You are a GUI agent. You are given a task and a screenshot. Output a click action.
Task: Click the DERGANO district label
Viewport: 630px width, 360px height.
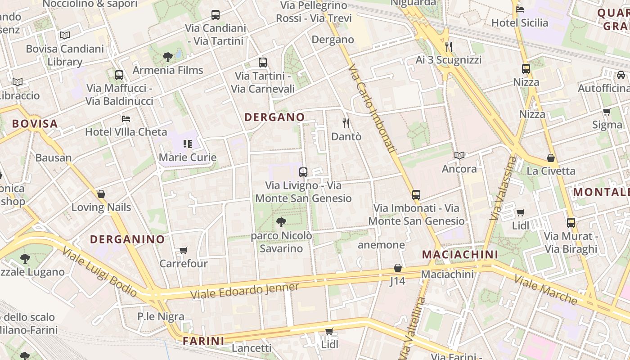274,117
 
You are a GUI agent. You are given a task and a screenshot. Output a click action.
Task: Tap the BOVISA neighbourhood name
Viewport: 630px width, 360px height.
35,124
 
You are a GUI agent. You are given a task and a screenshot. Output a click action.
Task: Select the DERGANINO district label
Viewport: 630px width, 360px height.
127,239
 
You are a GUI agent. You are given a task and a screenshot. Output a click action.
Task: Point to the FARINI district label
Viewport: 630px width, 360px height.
203,341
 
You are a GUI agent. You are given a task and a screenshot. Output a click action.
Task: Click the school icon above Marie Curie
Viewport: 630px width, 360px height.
188,144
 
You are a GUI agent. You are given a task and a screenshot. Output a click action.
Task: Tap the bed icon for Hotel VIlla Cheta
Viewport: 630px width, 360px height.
126,119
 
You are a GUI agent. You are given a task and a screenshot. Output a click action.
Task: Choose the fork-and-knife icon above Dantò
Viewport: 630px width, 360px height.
346,123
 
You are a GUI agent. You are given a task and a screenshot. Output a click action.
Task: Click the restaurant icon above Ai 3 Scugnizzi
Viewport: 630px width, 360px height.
448,46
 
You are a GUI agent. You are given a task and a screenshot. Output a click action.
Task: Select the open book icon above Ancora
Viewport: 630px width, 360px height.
459,155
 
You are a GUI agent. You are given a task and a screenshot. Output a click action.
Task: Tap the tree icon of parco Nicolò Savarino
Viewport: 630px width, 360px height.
281,222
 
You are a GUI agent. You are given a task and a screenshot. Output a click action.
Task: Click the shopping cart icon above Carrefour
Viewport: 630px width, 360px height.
183,250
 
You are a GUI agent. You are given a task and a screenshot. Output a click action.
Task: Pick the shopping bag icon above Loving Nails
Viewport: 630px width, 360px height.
101,194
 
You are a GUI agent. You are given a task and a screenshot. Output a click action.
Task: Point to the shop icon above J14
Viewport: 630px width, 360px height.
397,268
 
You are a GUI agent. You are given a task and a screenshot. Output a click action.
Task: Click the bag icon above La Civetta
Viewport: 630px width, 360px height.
551,157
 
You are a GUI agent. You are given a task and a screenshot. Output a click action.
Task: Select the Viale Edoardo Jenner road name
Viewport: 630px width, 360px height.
245,291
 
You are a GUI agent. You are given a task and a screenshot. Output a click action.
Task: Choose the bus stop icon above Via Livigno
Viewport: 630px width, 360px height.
303,172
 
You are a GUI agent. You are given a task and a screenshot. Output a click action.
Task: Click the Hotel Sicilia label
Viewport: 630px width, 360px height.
520,23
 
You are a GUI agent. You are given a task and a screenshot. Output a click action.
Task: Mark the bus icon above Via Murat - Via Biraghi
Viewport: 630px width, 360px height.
571,222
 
